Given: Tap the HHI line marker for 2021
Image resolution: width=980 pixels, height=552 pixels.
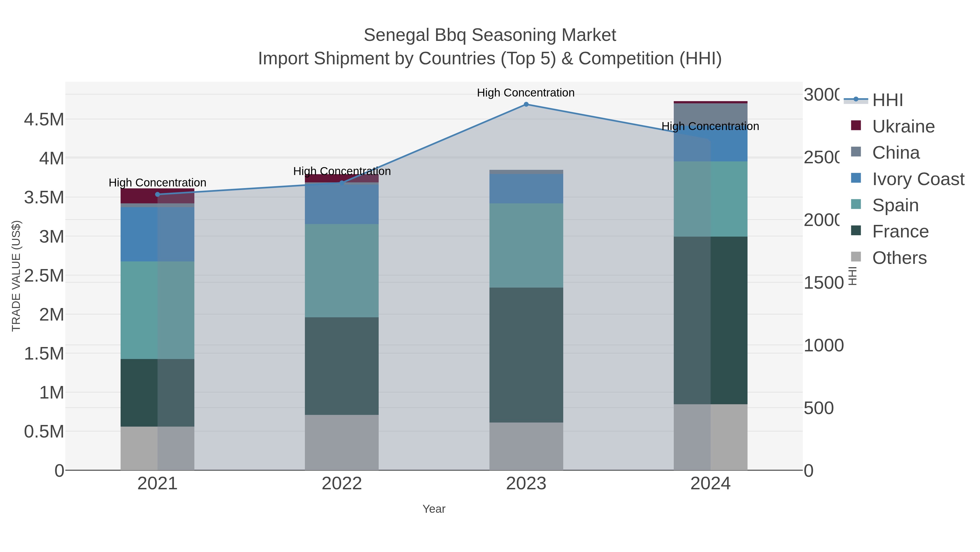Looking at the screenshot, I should tap(158, 194).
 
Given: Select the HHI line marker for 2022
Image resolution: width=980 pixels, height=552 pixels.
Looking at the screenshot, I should tap(342, 183).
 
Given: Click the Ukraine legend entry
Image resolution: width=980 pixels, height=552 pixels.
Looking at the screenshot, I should tap(903, 126).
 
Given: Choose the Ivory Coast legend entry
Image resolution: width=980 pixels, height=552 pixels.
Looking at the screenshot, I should tap(918, 179).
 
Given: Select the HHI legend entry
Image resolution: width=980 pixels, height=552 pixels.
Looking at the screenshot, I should tap(887, 100).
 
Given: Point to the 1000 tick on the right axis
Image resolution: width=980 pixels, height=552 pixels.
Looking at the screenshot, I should tap(824, 346).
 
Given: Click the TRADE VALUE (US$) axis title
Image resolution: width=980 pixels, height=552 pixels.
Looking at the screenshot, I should tap(16, 276).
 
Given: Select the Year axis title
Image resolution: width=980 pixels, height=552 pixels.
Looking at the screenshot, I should tap(434, 509).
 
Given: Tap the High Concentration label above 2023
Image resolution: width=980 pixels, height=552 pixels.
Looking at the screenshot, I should tap(525, 93).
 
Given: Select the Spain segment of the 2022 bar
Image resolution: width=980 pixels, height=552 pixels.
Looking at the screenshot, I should tap(342, 270).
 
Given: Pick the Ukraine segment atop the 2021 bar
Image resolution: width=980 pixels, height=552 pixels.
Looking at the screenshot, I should tap(158, 196).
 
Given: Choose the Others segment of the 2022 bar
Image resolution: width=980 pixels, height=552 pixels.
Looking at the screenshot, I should tap(342, 442).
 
